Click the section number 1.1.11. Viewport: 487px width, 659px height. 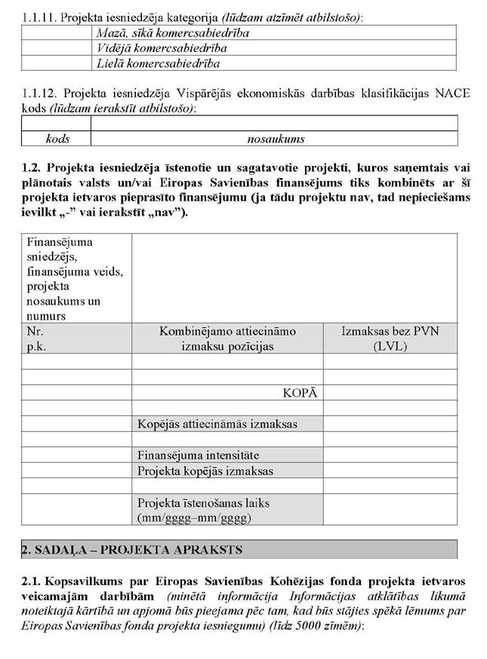pyautogui.click(x=40, y=17)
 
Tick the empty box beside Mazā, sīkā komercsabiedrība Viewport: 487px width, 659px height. pyautogui.click(x=57, y=32)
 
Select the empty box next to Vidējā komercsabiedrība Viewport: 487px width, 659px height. pyautogui.click(x=57, y=48)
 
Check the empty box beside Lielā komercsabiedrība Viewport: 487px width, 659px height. pyautogui.click(x=57, y=63)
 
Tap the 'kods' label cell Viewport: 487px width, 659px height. pyautogui.click(x=57, y=139)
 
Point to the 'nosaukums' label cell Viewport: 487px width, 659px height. pyautogui.click(x=275, y=139)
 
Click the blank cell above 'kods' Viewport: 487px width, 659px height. pyautogui.click(x=57, y=123)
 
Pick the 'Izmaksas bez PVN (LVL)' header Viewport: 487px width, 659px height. pyautogui.click(x=390, y=339)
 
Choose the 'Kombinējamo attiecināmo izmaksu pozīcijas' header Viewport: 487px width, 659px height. pyautogui.click(x=227, y=339)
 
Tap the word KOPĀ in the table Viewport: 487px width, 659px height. pyautogui.click(x=299, y=393)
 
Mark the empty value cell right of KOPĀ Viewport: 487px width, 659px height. pyautogui.click(x=390, y=393)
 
